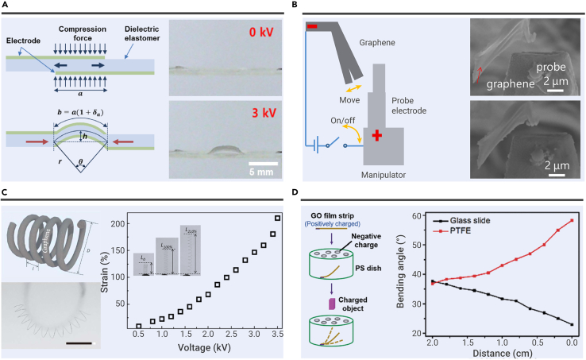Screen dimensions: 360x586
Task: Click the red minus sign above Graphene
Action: pyautogui.click(x=312, y=29)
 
